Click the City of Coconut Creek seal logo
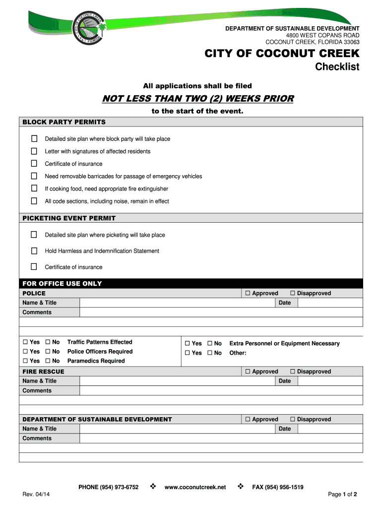point(87,28)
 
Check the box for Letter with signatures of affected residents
point(34,151)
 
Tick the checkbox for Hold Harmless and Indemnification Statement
point(34,251)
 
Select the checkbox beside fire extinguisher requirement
point(34,189)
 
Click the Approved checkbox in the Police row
point(248,293)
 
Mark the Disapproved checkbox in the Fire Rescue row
point(293,372)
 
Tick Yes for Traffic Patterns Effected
point(25,342)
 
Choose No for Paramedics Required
point(48,361)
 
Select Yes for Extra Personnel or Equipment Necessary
point(188,343)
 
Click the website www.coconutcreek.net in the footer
point(195,487)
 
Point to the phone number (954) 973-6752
point(109,487)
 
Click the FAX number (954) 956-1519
point(278,487)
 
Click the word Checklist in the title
point(337,67)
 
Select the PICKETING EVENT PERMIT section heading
point(69,218)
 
